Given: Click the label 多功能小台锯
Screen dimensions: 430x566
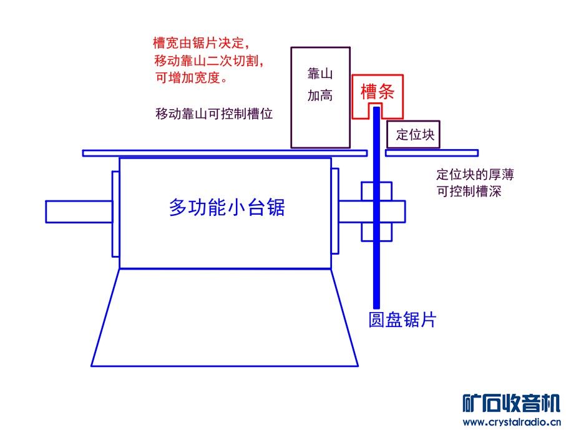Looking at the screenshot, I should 227,207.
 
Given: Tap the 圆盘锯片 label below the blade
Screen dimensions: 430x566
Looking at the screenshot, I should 402,320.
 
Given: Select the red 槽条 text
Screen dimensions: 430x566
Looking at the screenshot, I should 378,93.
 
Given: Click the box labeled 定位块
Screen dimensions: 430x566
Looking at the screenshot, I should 414,135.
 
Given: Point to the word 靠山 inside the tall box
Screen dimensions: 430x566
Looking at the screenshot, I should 320,74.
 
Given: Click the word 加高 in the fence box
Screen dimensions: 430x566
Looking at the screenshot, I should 320,96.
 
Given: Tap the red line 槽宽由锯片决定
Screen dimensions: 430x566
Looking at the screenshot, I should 201,44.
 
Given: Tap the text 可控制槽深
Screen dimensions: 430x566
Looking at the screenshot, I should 469,192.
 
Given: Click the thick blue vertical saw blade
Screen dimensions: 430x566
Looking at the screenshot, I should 376,250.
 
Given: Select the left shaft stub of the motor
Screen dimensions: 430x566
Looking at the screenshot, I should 79,212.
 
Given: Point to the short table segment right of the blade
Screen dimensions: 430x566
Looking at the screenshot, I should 432,153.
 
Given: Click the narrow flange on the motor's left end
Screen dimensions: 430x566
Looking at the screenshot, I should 115,212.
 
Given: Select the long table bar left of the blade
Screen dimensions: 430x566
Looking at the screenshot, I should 225,153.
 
